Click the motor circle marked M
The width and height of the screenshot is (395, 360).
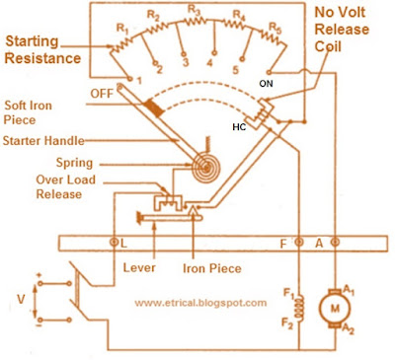pyautogui.click(x=335, y=308)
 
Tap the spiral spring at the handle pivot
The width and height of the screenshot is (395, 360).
pyautogui.click(x=206, y=168)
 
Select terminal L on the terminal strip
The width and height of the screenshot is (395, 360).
pyautogui.click(x=115, y=243)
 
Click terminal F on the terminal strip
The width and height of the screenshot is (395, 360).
pyautogui.click(x=298, y=243)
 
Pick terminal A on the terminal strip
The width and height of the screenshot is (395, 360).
pyautogui.click(x=335, y=243)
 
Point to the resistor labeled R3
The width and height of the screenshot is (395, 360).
pyautogui.click(x=195, y=21)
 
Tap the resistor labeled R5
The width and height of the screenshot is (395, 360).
pyautogui.click(x=273, y=37)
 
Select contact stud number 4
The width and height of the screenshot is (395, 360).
pyautogui.click(x=214, y=52)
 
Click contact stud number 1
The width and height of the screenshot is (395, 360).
pyautogui.click(x=130, y=79)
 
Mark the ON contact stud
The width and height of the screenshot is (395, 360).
pyautogui.click(x=269, y=72)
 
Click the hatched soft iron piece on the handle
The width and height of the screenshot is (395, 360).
pyautogui.click(x=153, y=108)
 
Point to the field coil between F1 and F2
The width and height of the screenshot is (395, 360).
pyautogui.click(x=299, y=308)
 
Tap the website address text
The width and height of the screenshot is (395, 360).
pyautogui.click(x=200, y=302)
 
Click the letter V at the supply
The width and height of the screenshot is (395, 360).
pyautogui.click(x=22, y=300)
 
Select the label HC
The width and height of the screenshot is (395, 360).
pyautogui.click(x=239, y=127)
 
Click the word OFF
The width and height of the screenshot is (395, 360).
pyautogui.click(x=102, y=94)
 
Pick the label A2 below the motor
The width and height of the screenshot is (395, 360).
pyautogui.click(x=349, y=328)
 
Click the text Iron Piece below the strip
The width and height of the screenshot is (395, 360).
pyautogui.click(x=212, y=268)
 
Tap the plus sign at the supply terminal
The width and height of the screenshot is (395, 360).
pyautogui.click(x=39, y=275)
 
